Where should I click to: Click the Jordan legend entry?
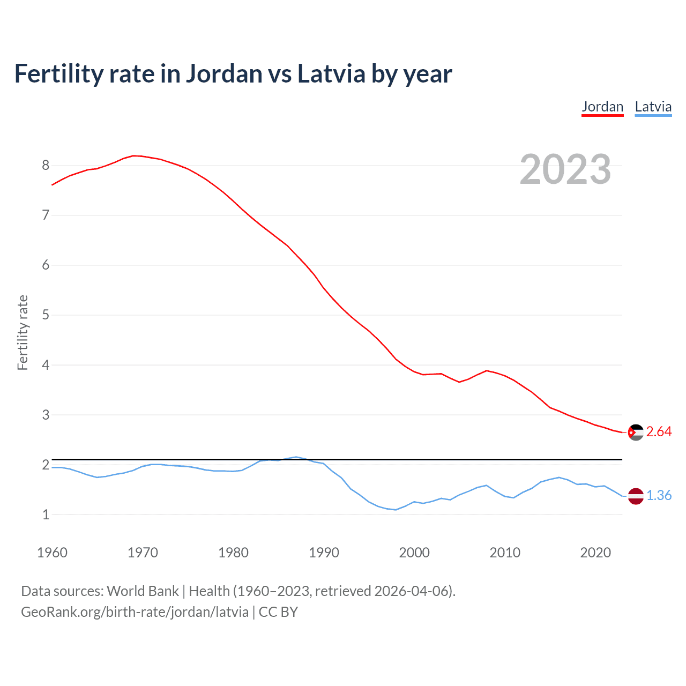pyautogui.click(x=602, y=107)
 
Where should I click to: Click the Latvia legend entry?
pyautogui.click(x=653, y=107)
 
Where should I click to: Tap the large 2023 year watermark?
pyautogui.click(x=565, y=169)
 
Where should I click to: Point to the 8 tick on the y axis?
pyautogui.click(x=46, y=166)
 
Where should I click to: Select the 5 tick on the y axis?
pyautogui.click(x=46, y=315)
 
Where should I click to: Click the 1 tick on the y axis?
pyautogui.click(x=46, y=514)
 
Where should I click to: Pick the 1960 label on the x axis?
pyautogui.click(x=52, y=553)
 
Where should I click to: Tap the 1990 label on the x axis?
pyautogui.click(x=324, y=553)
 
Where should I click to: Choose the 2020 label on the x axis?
pyautogui.click(x=595, y=553)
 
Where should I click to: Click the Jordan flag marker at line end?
pyautogui.click(x=635, y=432)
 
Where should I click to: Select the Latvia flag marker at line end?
pyautogui.click(x=635, y=496)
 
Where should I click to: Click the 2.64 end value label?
pyautogui.click(x=659, y=432)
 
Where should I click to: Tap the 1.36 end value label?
pyautogui.click(x=659, y=496)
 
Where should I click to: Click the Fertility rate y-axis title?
pyautogui.click(x=23, y=332)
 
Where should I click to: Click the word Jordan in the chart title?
pyautogui.click(x=224, y=74)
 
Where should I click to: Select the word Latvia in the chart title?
pyautogui.click(x=331, y=74)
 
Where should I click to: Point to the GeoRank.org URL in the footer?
pyautogui.click(x=135, y=612)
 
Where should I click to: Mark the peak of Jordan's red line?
pyautogui.click(x=134, y=155)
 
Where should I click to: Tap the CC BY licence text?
pyautogui.click(x=278, y=612)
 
